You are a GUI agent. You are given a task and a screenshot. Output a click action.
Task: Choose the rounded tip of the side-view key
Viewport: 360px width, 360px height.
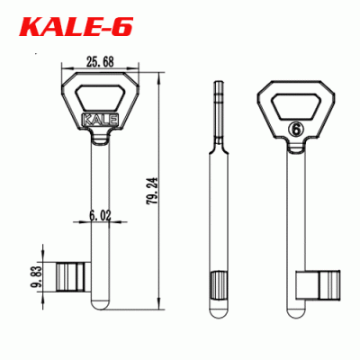(220, 310)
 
